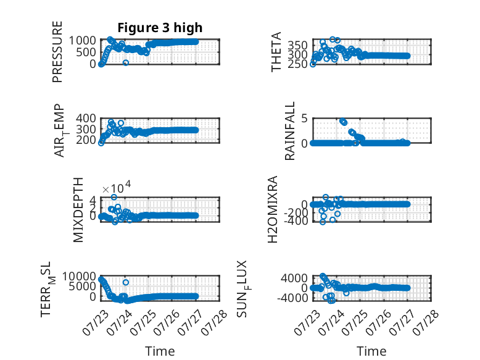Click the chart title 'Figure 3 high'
click(160, 28)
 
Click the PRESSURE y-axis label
click(57, 52)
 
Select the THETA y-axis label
click(276, 52)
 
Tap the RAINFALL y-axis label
click(289, 131)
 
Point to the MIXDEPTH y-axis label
click(78, 210)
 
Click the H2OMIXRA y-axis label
click(273, 209)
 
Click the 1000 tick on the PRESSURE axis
click(83, 40)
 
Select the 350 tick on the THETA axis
click(297, 45)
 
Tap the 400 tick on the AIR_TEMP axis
click(86, 119)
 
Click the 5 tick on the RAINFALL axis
click(304, 119)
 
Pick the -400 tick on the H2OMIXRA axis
click(296, 220)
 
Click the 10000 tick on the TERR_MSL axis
click(80, 277)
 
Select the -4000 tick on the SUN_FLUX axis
click(292, 298)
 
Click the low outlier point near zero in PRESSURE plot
click(125, 63)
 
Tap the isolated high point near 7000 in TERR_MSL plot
click(125, 282)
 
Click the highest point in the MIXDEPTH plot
click(114, 197)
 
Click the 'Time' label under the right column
click(371, 351)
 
